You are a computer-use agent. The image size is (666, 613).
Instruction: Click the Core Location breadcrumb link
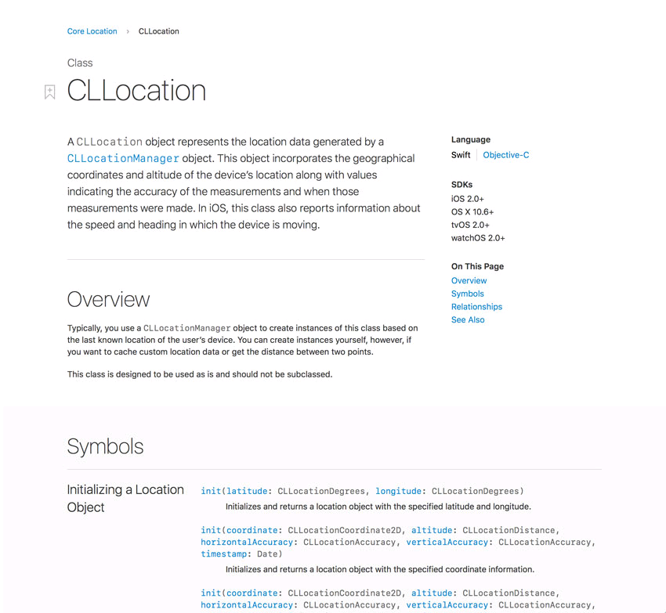point(92,31)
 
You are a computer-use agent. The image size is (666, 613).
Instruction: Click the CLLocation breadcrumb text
point(158,31)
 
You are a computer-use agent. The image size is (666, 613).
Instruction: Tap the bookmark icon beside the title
point(49,92)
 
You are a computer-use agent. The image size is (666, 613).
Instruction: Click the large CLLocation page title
point(136,91)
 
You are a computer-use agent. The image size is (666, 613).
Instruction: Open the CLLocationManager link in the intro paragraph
point(123,158)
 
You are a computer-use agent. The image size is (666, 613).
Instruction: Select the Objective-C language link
point(505,155)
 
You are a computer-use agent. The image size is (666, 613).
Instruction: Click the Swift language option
point(461,155)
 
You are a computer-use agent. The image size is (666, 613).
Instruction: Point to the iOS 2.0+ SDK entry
point(467,199)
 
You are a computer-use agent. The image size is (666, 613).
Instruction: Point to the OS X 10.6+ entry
point(472,212)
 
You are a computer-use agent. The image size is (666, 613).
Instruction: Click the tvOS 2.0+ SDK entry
point(469,225)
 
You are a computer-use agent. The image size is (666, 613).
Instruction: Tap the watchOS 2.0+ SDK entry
point(478,238)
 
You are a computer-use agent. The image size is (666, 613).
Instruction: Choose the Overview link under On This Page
point(469,280)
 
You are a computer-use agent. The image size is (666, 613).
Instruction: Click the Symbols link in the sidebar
point(467,294)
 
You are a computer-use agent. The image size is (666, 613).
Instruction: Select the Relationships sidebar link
point(476,307)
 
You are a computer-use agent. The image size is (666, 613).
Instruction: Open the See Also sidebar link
point(468,319)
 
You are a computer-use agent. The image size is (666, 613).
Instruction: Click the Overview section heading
point(108,299)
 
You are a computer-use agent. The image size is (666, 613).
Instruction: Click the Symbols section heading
point(105,446)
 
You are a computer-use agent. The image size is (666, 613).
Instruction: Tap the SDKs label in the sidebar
point(461,185)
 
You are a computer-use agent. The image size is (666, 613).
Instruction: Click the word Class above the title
point(80,63)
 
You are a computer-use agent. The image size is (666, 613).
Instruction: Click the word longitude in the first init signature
point(398,491)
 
